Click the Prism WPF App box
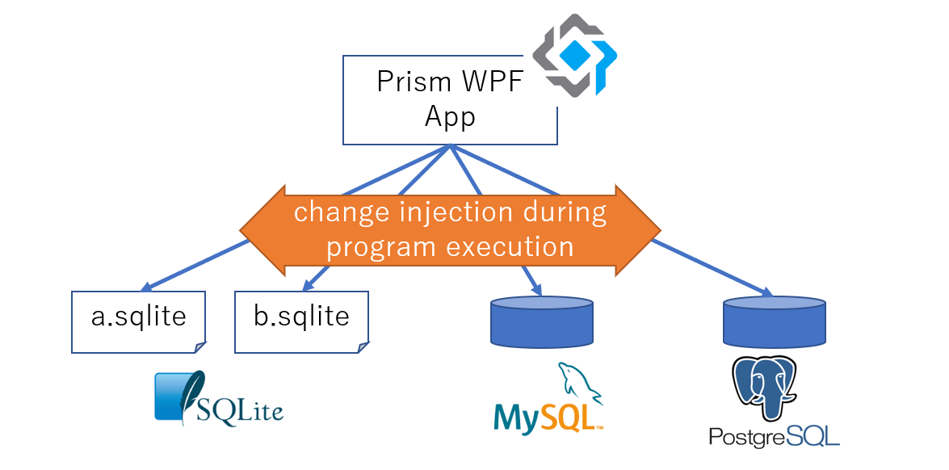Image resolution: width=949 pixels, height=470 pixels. coord(449,100)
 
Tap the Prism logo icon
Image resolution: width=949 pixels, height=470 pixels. coord(574,55)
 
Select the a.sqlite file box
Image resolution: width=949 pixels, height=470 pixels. coord(138,321)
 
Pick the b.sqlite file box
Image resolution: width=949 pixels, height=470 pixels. coord(301,321)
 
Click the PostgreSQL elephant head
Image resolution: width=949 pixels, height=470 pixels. coord(763,386)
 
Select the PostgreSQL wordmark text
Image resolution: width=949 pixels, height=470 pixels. coord(774,437)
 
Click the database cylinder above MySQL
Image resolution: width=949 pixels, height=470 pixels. coord(542,321)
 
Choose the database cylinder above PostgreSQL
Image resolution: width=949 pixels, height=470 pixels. coord(774,321)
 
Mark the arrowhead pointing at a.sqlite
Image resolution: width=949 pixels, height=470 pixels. coord(148,287)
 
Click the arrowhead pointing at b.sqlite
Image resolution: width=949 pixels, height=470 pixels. coord(308,284)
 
